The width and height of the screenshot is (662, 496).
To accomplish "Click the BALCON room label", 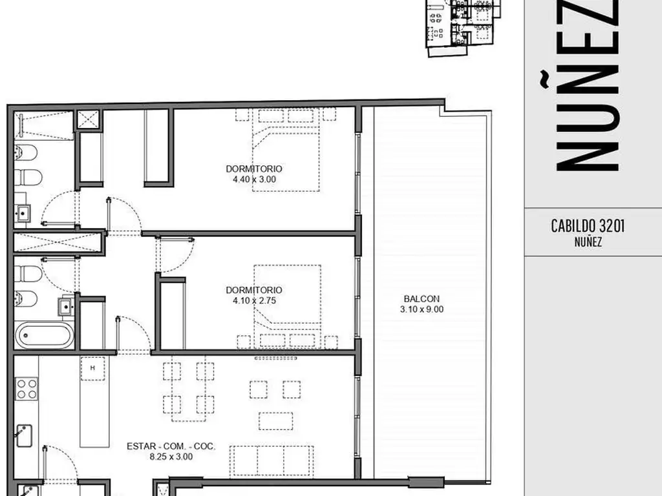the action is pyautogui.click(x=422, y=298).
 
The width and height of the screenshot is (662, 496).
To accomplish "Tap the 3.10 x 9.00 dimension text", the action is pyautogui.click(x=422, y=309).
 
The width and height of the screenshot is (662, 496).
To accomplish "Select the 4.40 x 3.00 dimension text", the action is pyautogui.click(x=254, y=180).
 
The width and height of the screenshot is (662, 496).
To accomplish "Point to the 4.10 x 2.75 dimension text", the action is pyautogui.click(x=254, y=301).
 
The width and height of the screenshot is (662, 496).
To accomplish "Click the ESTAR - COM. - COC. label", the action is pyautogui.click(x=171, y=446).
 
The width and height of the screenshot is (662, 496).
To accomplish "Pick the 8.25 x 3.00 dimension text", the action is pyautogui.click(x=171, y=457).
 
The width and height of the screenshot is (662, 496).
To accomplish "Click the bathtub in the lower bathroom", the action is pyautogui.click(x=45, y=335).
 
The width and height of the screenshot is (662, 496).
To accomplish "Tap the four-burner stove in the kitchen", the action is pyautogui.click(x=26, y=388).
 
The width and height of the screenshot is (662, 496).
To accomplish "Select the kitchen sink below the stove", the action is pyautogui.click(x=24, y=436).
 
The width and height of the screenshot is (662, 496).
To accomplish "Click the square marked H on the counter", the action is pyautogui.click(x=93, y=368).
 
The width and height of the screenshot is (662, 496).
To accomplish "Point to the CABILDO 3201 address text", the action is pyautogui.click(x=588, y=226).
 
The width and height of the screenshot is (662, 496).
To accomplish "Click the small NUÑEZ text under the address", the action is pyautogui.click(x=588, y=242).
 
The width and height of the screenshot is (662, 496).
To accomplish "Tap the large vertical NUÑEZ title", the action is pyautogui.click(x=587, y=87).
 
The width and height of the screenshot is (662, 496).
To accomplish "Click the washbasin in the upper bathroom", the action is pyautogui.click(x=23, y=213).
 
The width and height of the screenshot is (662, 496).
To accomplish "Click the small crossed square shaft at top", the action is pyautogui.click(x=88, y=120).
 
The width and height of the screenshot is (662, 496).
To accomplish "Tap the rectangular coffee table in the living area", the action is pyautogui.click(x=275, y=421).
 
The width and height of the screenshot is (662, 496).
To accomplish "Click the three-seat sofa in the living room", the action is pyautogui.click(x=272, y=461).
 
